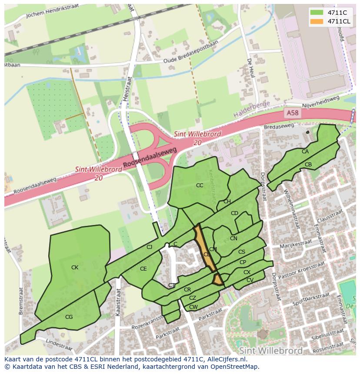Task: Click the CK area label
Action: point(75,268)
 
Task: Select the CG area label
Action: point(69,317)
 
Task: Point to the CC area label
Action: point(200,185)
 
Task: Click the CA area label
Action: point(305,152)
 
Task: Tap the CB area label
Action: point(308,165)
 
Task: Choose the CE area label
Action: point(143,269)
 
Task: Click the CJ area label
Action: point(149,247)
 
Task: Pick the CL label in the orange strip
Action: point(207,255)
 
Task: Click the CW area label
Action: point(193,307)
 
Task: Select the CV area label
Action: point(250,280)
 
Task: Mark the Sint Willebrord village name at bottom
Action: point(270,350)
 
